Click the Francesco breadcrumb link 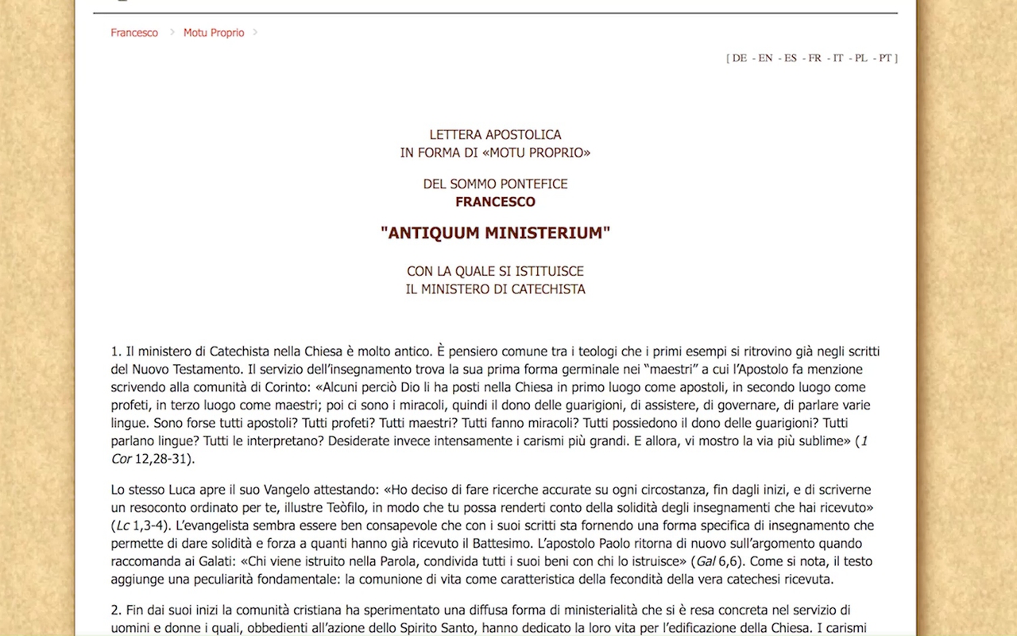(x=134, y=33)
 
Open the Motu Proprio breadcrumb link (x=214, y=33)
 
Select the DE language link (x=739, y=58)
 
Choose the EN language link (x=765, y=58)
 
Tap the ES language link (x=790, y=58)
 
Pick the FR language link (x=814, y=58)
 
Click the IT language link (x=838, y=58)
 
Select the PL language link (x=861, y=58)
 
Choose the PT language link (x=885, y=58)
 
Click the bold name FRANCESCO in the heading (x=495, y=202)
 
